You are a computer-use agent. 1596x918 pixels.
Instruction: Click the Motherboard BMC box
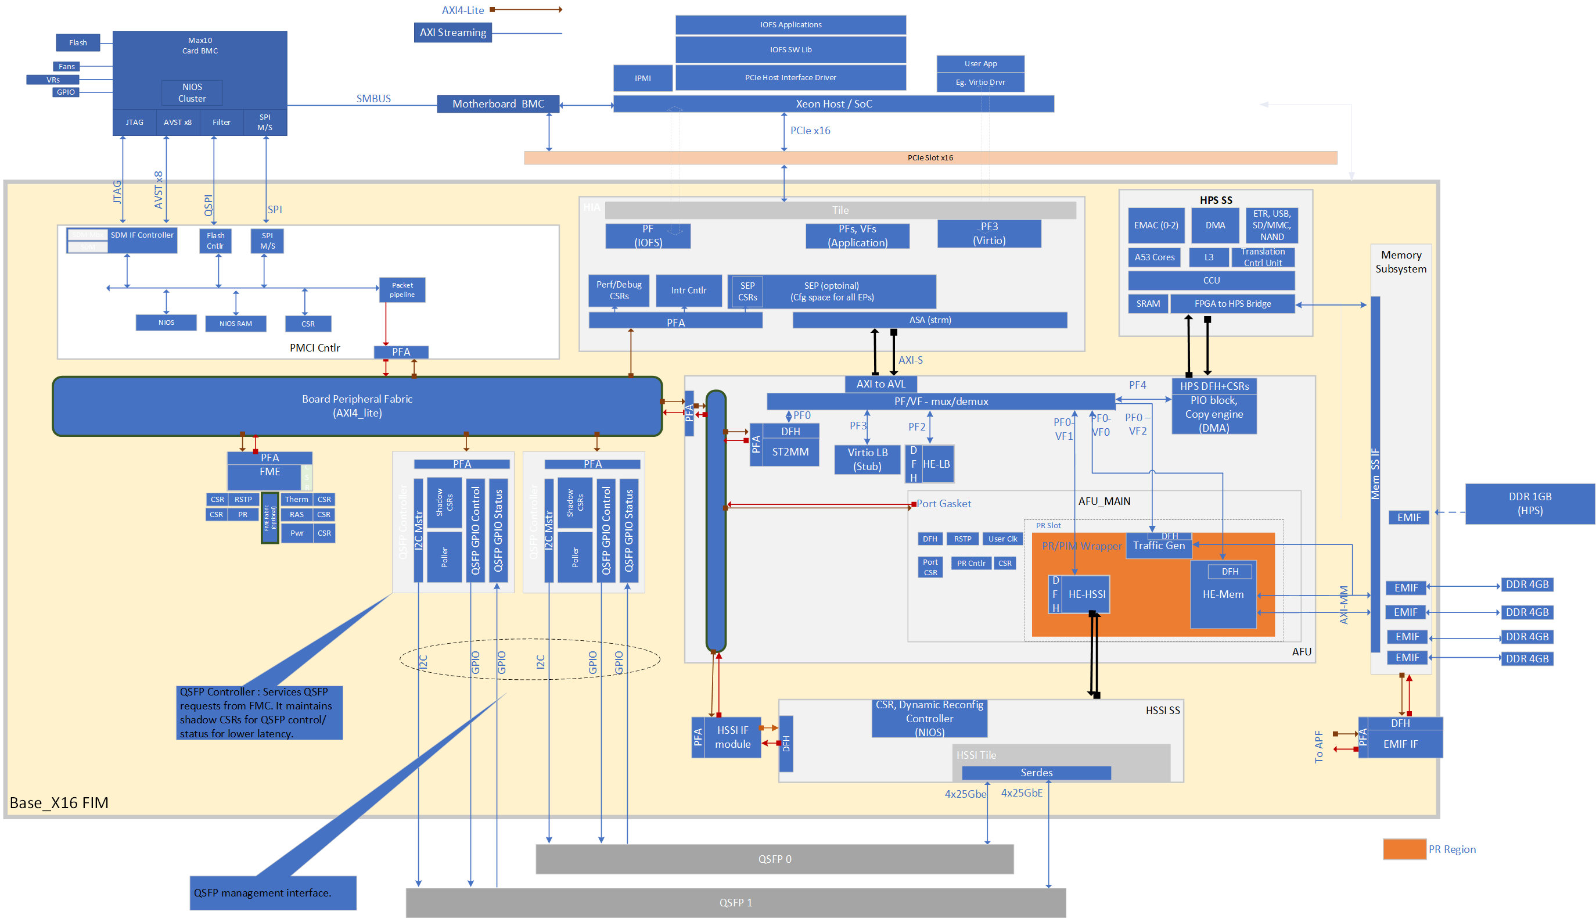[x=498, y=104]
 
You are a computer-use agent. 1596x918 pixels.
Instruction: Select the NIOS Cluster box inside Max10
[x=192, y=93]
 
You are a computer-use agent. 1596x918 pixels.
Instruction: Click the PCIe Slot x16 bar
[x=929, y=157]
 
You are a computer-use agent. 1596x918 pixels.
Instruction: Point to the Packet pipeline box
[x=402, y=290]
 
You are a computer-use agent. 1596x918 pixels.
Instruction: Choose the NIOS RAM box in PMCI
[x=236, y=324]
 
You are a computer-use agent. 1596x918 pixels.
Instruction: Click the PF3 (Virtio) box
[x=988, y=234]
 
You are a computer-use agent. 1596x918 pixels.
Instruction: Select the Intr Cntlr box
[x=688, y=291]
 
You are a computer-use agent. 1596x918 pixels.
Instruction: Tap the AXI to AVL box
[x=880, y=384]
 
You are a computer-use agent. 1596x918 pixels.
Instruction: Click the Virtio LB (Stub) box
[x=867, y=460]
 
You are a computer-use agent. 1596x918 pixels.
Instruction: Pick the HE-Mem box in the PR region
[x=1223, y=594]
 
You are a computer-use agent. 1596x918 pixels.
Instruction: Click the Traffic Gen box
[x=1158, y=546]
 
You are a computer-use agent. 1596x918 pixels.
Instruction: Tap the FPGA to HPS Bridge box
[x=1232, y=304]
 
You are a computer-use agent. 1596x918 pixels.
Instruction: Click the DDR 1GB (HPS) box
[x=1529, y=504]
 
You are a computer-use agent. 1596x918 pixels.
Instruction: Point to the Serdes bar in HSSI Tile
[x=1036, y=773]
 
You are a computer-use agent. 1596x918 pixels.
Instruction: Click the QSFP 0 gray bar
[x=774, y=859]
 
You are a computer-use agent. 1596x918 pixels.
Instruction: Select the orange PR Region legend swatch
[x=1404, y=849]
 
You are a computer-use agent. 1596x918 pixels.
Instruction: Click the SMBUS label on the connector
[x=373, y=98]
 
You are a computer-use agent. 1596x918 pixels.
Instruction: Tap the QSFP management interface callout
[x=272, y=893]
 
